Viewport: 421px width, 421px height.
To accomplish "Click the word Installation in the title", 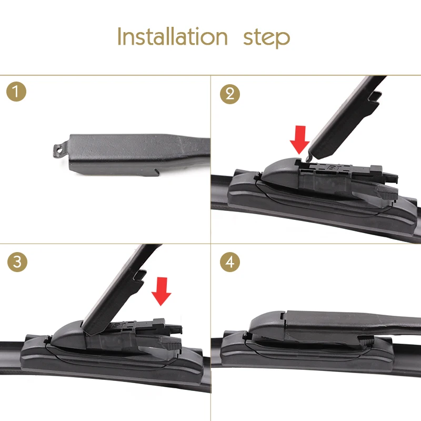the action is tap(173, 36).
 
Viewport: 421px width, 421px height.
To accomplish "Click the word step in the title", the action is tap(266, 38).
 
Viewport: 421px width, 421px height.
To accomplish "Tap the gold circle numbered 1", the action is tap(16, 92).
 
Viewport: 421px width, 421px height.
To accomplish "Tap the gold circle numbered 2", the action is tap(230, 94).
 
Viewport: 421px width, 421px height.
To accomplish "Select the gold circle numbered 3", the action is tap(17, 262).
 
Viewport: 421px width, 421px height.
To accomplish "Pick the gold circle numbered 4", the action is tap(230, 262).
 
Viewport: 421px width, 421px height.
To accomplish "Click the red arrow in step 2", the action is tap(299, 139).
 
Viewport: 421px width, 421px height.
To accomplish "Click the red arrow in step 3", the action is tap(161, 292).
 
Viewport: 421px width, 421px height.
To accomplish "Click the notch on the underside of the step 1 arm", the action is tap(156, 172).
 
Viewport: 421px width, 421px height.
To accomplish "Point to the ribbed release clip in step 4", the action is tap(366, 341).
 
